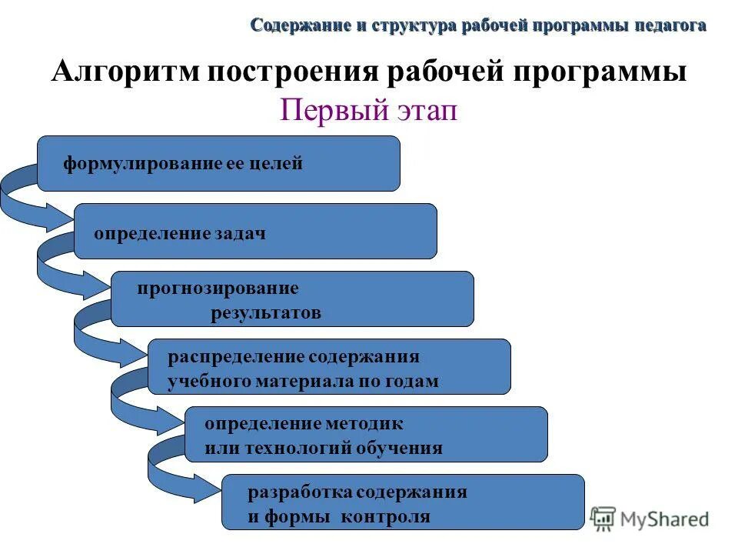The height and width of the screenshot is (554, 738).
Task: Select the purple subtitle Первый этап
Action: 368,110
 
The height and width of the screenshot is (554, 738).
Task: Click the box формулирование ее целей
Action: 218,163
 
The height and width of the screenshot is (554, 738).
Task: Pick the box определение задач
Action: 255,231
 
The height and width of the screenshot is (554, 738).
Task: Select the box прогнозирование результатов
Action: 292,299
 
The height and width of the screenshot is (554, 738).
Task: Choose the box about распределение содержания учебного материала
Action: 329,367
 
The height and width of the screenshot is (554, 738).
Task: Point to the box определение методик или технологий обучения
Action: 366,435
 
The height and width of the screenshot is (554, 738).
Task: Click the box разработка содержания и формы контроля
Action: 403,502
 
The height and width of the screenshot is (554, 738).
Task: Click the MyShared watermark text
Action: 664,519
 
